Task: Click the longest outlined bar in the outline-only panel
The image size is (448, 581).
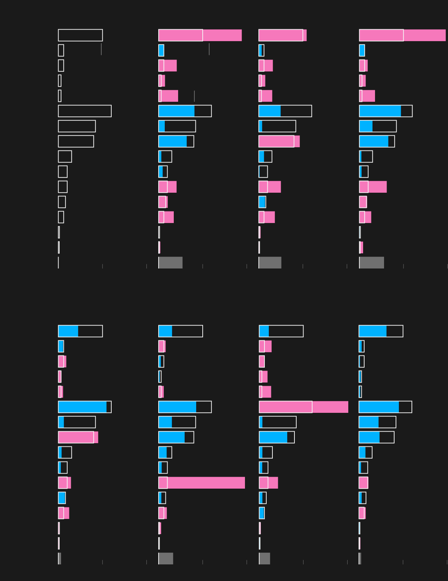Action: pyautogui.click(x=85, y=111)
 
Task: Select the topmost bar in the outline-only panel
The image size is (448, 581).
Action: pyautogui.click(x=80, y=35)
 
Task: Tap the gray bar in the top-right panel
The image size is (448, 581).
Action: pyautogui.click(x=371, y=263)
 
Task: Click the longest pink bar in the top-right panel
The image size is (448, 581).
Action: pyautogui.click(x=402, y=35)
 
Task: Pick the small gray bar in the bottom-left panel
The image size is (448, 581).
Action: pyautogui.click(x=60, y=559)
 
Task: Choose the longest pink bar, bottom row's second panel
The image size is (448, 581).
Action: pyautogui.click(x=202, y=483)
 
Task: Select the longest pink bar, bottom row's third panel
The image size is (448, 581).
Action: pyautogui.click(x=303, y=407)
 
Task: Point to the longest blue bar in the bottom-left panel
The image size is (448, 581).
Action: pyautogui.click(x=82, y=407)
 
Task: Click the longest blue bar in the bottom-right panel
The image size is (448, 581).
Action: pyautogui.click(x=379, y=407)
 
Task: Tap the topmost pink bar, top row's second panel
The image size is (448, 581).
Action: pyautogui.click(x=200, y=35)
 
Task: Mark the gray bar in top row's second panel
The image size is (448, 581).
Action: pyautogui.click(x=171, y=263)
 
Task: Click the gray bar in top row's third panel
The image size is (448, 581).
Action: pyautogui.click(x=270, y=263)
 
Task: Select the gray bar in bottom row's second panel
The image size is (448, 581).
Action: pyautogui.click(x=166, y=559)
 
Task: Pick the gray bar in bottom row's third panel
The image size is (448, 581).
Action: pyautogui.click(x=264, y=559)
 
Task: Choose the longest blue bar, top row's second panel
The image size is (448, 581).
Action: pyautogui.click(x=176, y=111)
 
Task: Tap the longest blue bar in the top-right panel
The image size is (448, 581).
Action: pyautogui.click(x=380, y=111)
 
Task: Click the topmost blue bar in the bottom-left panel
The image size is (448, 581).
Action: pyautogui.click(x=68, y=331)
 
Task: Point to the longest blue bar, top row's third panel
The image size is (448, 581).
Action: pyautogui.click(x=270, y=111)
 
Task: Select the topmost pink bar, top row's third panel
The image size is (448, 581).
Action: pyautogui.click(x=283, y=35)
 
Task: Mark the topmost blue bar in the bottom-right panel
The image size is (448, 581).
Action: pyautogui.click(x=372, y=331)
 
